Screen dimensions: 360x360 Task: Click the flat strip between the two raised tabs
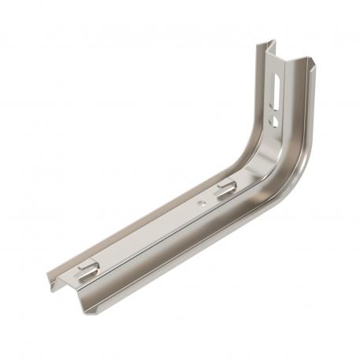[x=158, y=228]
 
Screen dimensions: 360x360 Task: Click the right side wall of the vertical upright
[x=303, y=110]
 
